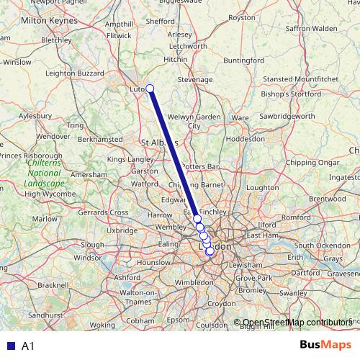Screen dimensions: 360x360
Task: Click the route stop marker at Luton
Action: point(150,89)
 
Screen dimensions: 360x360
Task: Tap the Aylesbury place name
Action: point(35,115)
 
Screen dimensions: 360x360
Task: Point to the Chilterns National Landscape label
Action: point(43,173)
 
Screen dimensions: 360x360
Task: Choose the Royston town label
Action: point(261,37)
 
